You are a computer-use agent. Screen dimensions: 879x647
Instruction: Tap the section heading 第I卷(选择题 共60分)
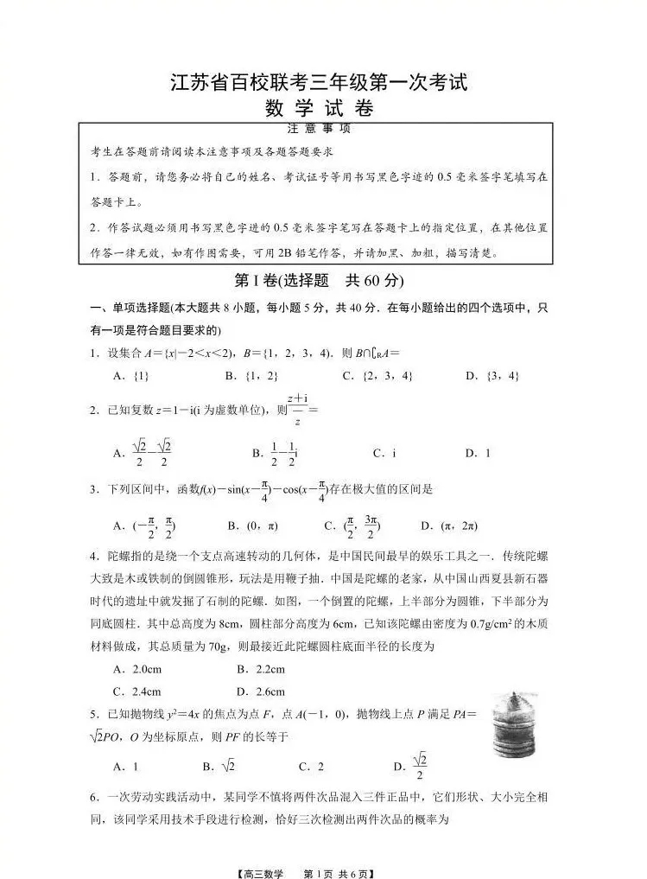point(320,281)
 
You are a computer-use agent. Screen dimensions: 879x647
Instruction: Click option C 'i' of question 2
point(384,453)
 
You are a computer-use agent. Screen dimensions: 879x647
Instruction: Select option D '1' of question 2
point(478,453)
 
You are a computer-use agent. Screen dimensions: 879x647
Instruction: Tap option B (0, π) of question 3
point(251,525)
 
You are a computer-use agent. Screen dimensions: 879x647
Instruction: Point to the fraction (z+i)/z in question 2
point(298,410)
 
